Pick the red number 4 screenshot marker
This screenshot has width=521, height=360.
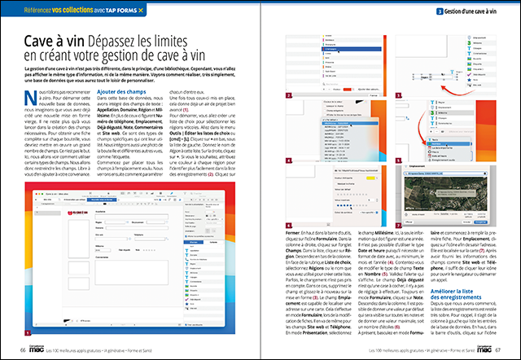287,160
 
